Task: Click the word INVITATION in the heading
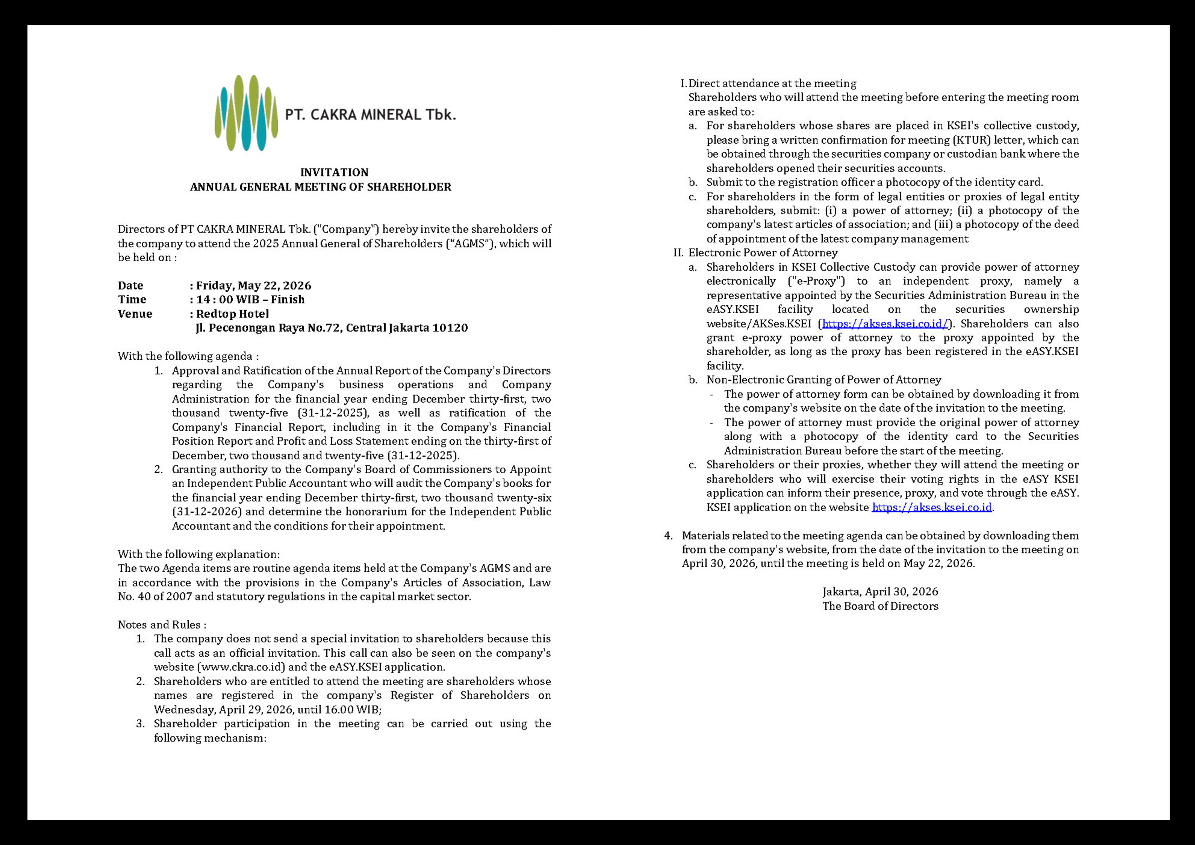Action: coord(334,172)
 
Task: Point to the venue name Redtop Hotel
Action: coord(232,314)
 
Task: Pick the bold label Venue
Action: coord(135,314)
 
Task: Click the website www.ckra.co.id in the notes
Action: coord(242,667)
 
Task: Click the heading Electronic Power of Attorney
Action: coord(762,253)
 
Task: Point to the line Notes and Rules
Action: coord(162,624)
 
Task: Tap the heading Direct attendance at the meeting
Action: coord(772,83)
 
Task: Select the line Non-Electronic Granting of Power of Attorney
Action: coord(823,380)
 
